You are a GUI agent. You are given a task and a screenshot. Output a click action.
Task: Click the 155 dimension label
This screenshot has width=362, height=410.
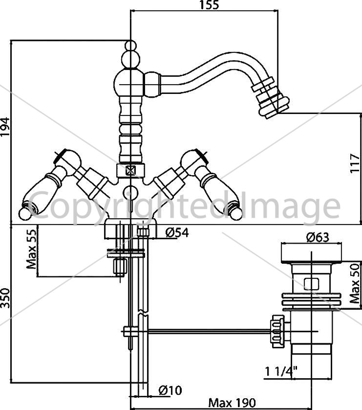(209, 5)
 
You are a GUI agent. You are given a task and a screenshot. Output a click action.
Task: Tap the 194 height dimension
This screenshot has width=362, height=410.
(5, 127)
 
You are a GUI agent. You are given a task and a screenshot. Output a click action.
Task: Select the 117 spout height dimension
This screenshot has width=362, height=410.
(356, 163)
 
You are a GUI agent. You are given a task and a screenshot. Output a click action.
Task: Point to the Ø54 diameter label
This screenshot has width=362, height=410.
(177, 232)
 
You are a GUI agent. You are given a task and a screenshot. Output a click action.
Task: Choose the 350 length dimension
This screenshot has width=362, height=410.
(5, 298)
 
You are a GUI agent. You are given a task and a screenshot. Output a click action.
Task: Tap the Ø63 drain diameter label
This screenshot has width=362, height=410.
(318, 237)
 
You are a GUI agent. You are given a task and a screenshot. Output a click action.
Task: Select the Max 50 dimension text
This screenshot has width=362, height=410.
(355, 283)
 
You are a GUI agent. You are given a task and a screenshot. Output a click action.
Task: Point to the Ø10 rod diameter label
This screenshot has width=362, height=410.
(170, 390)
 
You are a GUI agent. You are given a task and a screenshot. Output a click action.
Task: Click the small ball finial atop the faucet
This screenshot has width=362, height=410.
(131, 45)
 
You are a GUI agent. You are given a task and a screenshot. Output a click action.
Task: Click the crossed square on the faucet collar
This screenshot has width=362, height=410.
(130, 171)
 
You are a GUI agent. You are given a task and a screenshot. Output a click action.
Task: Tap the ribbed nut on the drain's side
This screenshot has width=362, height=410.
(277, 331)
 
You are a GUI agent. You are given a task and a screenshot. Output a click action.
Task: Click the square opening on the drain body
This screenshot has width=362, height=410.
(312, 284)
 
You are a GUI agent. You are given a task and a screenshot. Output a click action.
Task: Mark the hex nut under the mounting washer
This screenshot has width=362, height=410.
(120, 267)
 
